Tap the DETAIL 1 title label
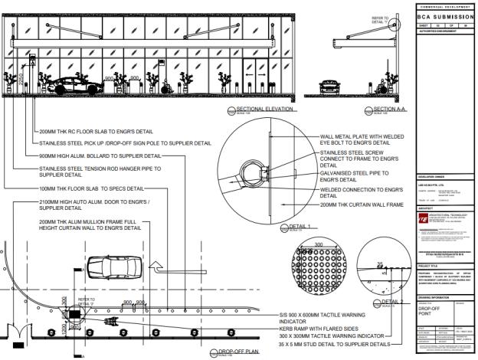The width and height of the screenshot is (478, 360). click(x=300, y=227)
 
